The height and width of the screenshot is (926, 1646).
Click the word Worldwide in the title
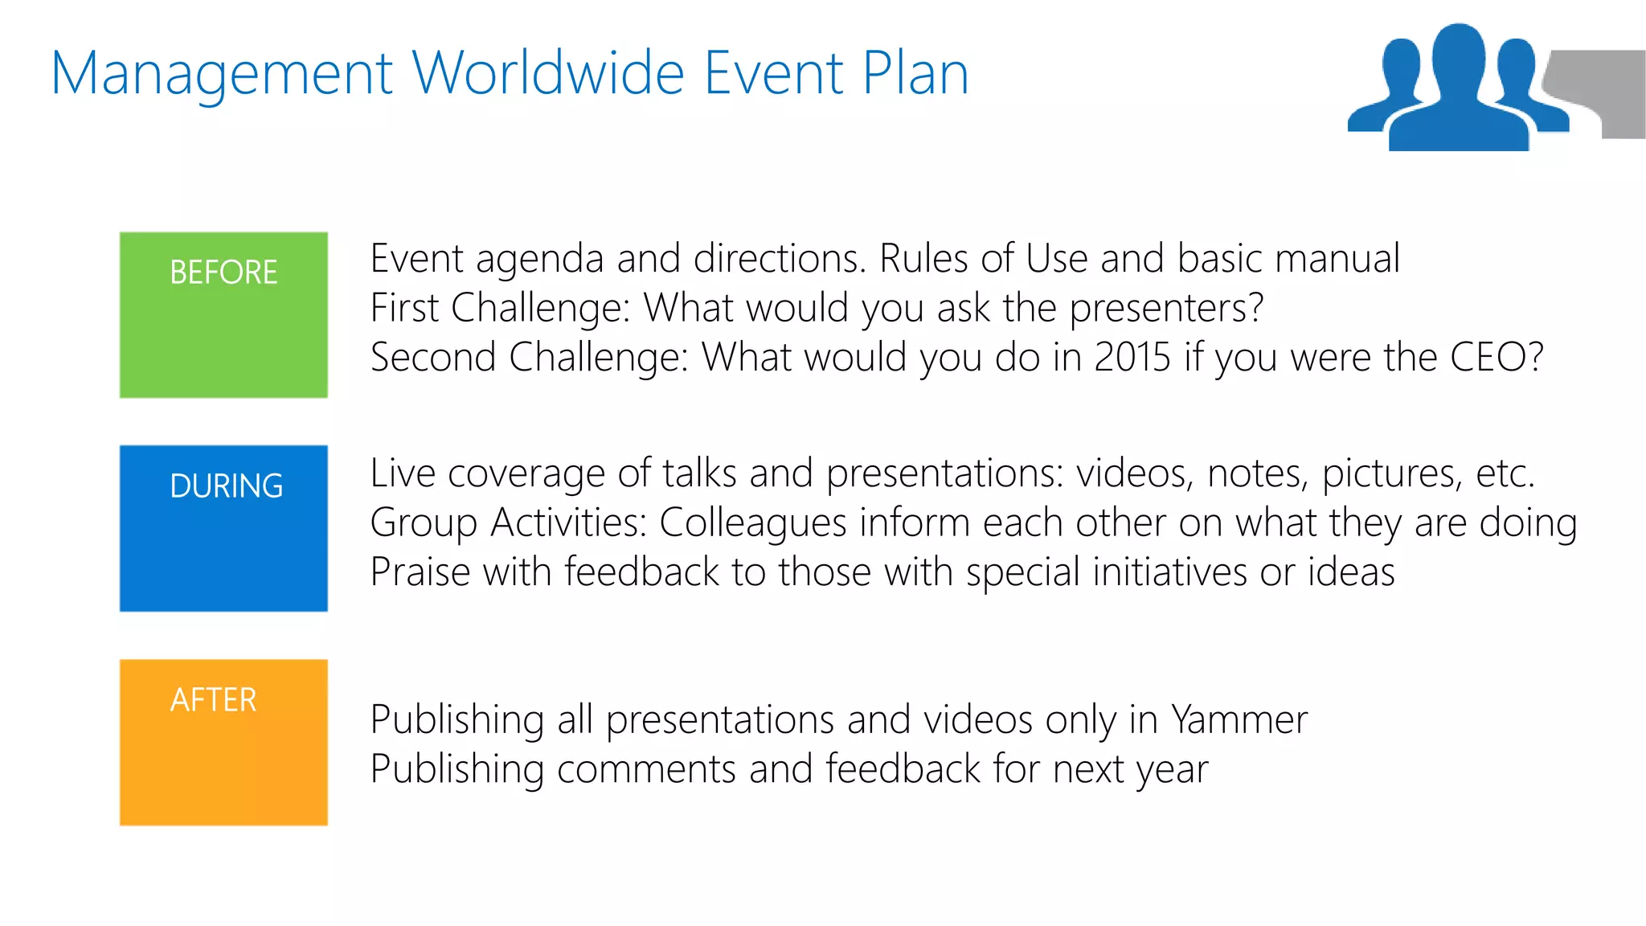click(551, 73)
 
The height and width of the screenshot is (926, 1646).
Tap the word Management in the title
click(221, 75)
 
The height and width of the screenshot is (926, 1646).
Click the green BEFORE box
click(223, 314)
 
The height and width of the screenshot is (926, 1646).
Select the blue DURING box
click(223, 528)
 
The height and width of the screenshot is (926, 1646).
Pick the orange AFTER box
click(223, 742)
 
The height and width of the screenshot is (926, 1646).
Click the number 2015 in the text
click(1132, 357)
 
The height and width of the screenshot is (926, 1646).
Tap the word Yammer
click(1239, 719)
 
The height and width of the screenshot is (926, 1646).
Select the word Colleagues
click(752, 523)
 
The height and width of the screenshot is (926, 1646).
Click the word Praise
click(420, 572)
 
